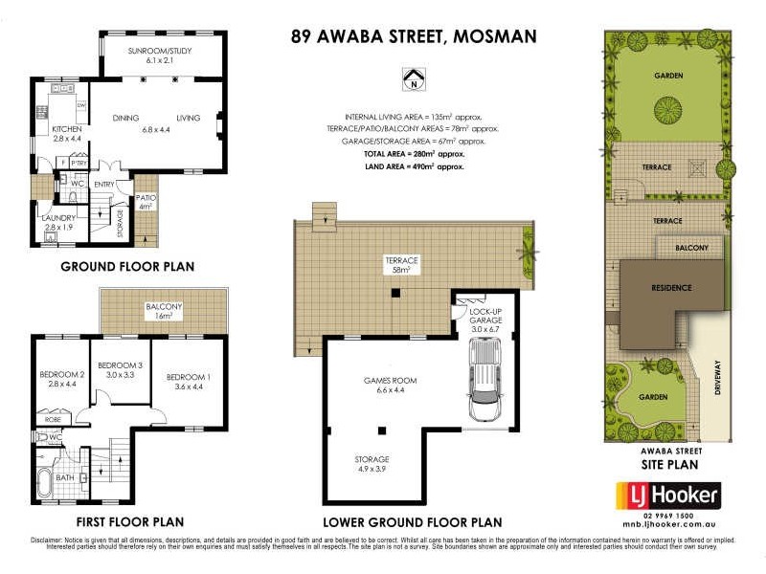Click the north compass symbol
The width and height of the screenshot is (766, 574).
pos(414,78)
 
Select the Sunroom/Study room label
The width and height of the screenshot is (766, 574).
pos(161,55)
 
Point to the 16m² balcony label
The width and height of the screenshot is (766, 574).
pos(164,311)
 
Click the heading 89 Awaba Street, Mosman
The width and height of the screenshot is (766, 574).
pos(414,37)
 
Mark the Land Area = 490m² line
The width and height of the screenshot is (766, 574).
pos(414,167)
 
